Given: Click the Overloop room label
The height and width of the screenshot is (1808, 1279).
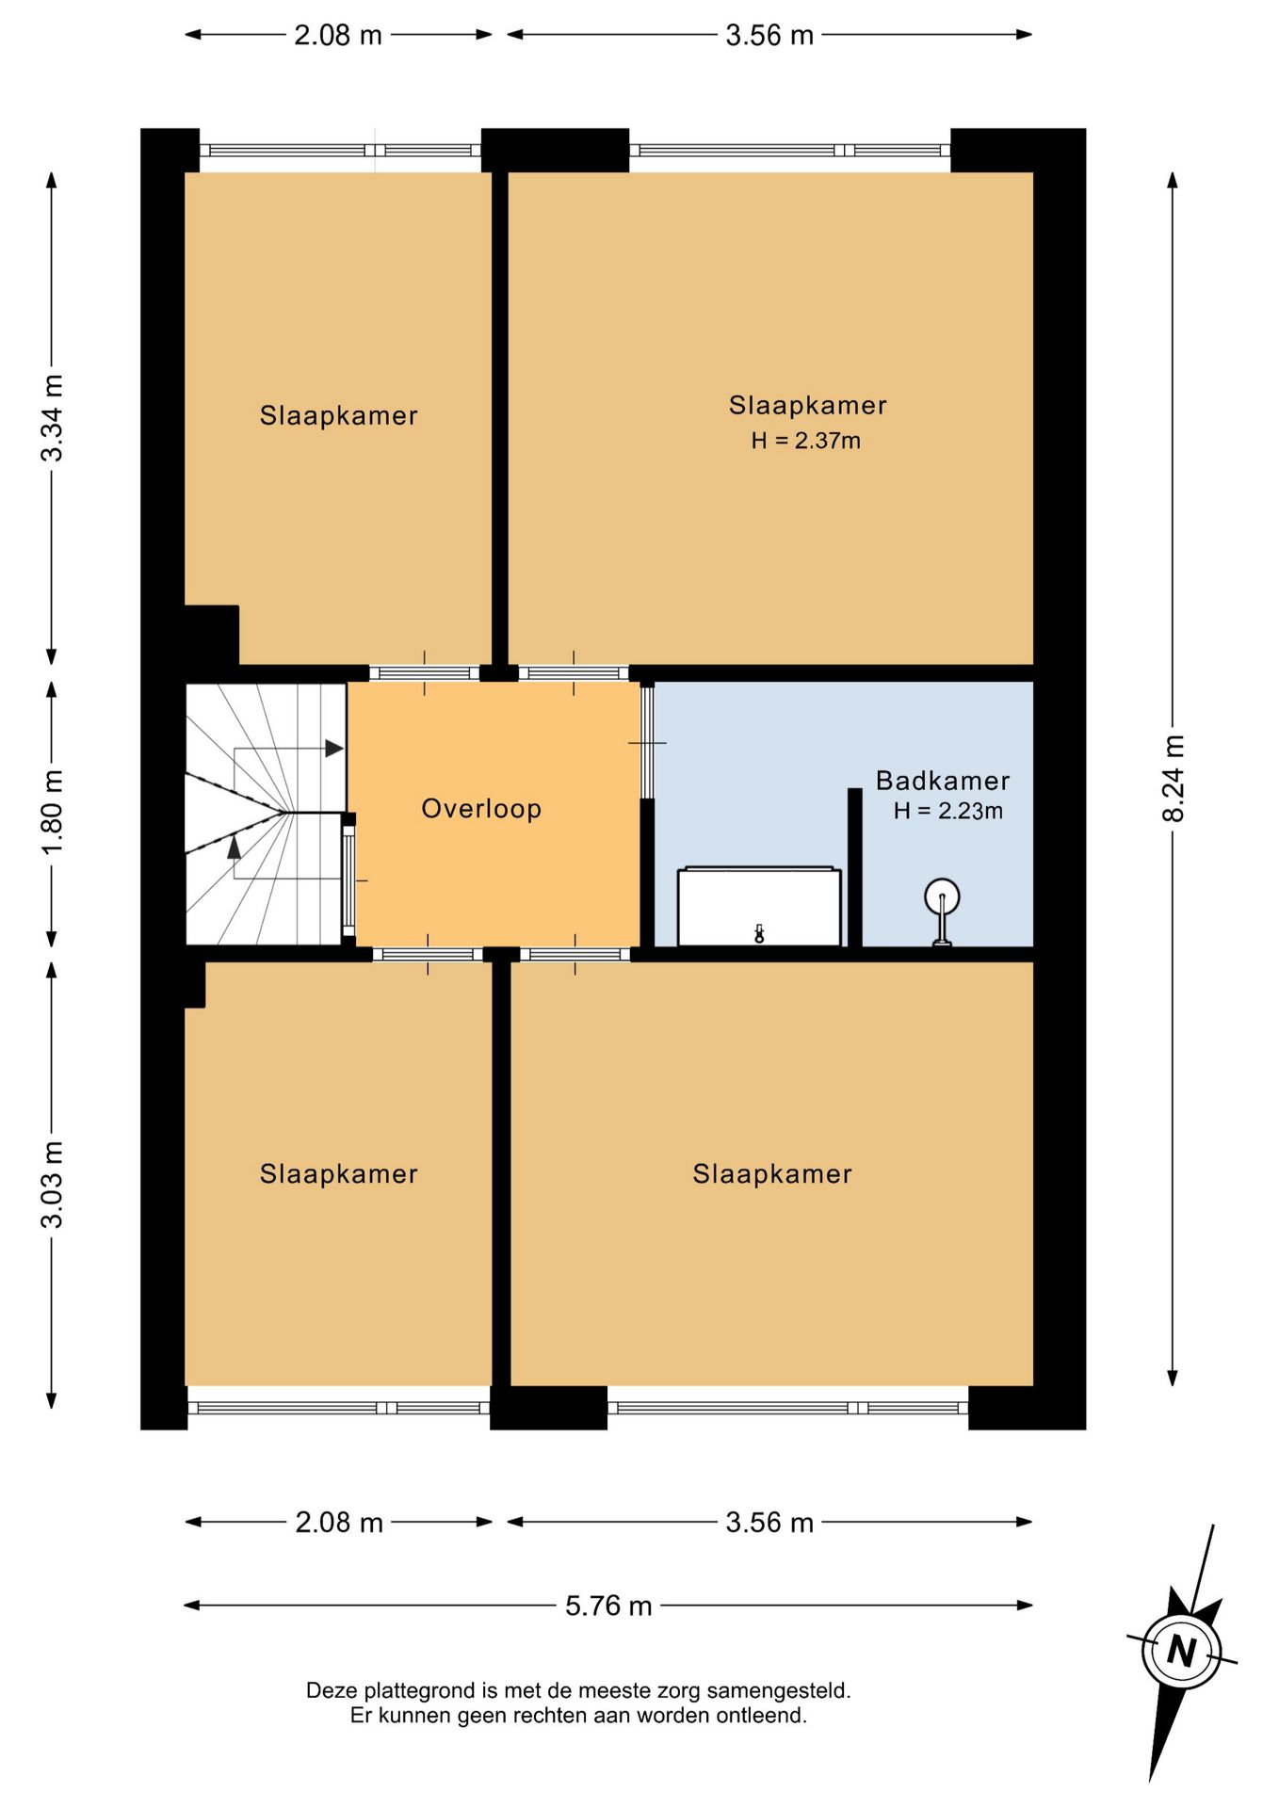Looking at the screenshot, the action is click(481, 809).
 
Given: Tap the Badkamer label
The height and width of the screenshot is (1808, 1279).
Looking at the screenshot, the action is click(943, 781).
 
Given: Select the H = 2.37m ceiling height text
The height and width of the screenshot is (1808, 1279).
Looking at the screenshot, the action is click(805, 441).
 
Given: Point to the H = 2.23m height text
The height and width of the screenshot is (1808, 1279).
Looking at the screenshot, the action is click(947, 811).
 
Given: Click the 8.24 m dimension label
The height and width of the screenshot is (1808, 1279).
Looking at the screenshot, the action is click(1174, 778).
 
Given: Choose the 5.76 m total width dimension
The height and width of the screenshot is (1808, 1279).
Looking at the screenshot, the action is click(608, 1606).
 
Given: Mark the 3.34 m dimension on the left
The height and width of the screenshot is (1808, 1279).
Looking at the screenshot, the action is click(52, 418).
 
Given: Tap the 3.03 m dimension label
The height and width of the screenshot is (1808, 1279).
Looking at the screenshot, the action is click(52, 1185).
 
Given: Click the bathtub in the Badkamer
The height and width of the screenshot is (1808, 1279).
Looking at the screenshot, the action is click(759, 907).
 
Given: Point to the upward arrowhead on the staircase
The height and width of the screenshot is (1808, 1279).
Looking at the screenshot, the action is click(234, 847).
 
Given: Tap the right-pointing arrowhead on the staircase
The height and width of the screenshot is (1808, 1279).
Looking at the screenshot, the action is click(334, 749).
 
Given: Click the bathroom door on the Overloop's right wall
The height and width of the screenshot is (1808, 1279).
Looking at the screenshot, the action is click(647, 742).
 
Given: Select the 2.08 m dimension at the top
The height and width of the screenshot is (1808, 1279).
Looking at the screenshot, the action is click(338, 35).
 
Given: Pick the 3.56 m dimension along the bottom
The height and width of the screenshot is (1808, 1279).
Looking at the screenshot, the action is click(769, 1523).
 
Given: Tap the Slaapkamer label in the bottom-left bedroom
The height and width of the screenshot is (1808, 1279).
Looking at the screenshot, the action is click(339, 1174).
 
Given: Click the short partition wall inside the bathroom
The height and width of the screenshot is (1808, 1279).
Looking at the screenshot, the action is click(855, 867).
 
